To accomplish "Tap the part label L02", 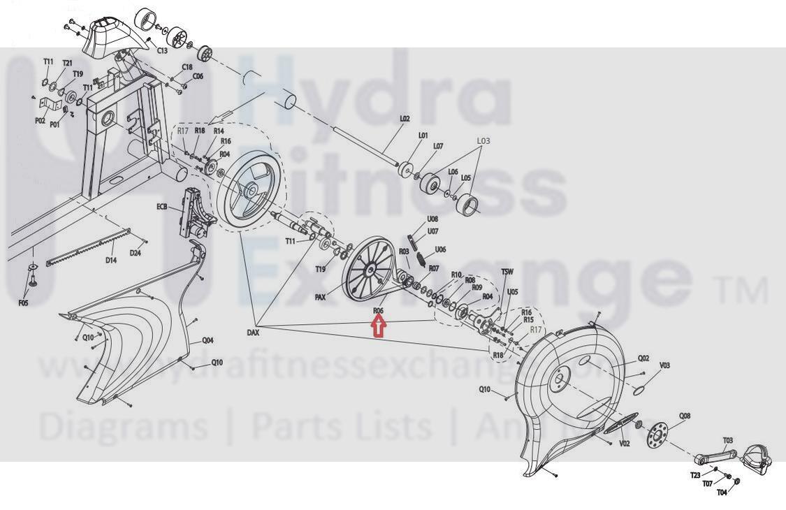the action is coord(405,119).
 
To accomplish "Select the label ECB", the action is coord(163,207).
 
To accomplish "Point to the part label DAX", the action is coord(253,333).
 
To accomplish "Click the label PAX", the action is coord(321,297).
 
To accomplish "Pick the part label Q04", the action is coord(208,341).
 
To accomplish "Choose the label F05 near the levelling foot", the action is coord(23,303).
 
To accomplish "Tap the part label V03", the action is coord(664,365).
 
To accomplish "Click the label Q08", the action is coord(685,416).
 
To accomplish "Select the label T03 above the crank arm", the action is coord(728,440).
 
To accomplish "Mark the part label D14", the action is coord(110,261).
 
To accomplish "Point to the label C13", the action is coord(162,51).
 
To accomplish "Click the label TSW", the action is coord(507,271).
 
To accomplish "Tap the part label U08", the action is coord(432,219).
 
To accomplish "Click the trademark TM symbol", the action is coord(751,291).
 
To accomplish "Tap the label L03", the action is coord(483,141).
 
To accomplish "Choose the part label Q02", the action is coord(643,358).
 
